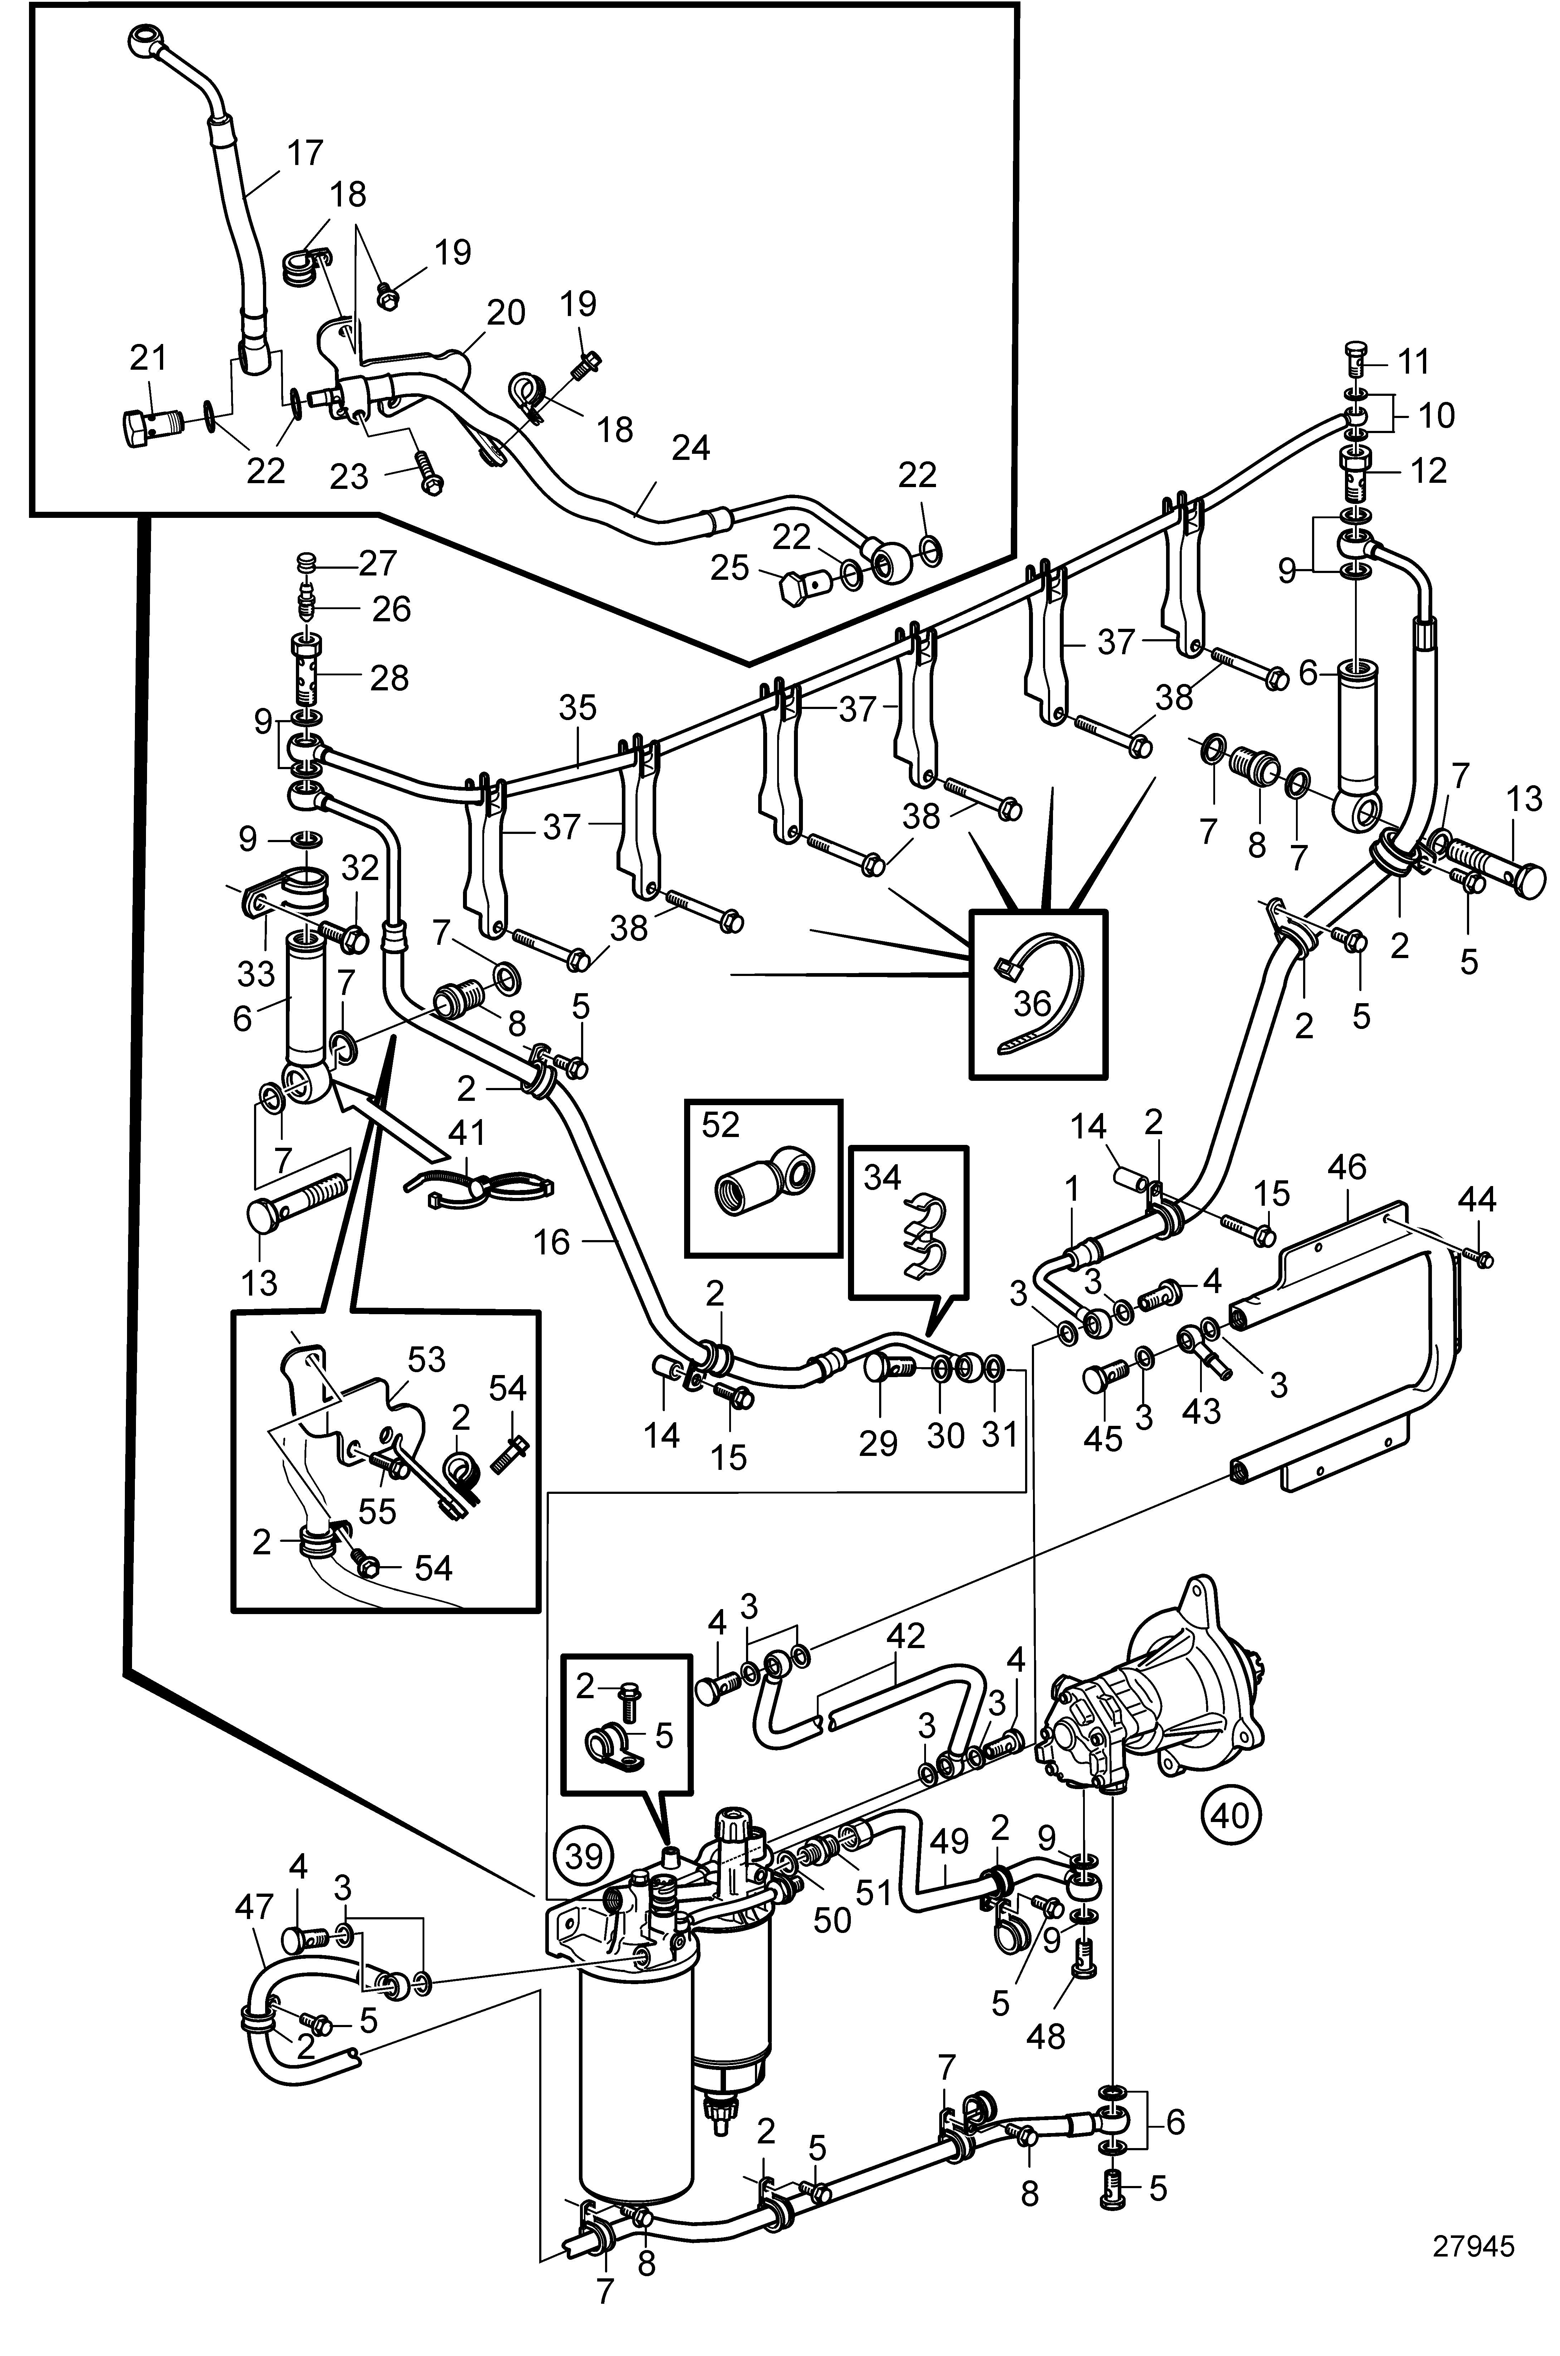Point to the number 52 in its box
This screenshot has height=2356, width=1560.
tap(721, 1125)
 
